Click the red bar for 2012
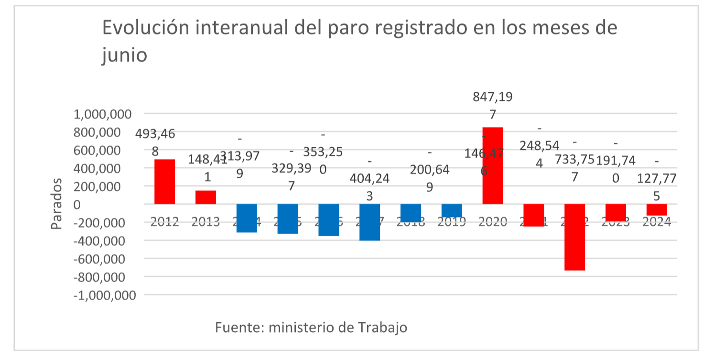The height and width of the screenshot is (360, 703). [x=164, y=182]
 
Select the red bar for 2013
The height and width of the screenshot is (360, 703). [x=205, y=197]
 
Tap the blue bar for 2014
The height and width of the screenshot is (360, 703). [x=247, y=218]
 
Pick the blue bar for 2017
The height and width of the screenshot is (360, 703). [x=369, y=222]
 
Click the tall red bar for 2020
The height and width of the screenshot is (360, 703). [x=492, y=165]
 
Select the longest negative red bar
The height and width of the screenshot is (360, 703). [x=574, y=237]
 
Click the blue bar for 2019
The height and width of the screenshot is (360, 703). [x=452, y=211]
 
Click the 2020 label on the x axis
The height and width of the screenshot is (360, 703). [x=492, y=222]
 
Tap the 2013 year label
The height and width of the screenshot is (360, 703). [x=205, y=222]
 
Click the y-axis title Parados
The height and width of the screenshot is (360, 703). [x=57, y=204]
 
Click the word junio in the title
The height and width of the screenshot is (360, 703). [x=124, y=55]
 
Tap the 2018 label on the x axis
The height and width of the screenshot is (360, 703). [x=411, y=222]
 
